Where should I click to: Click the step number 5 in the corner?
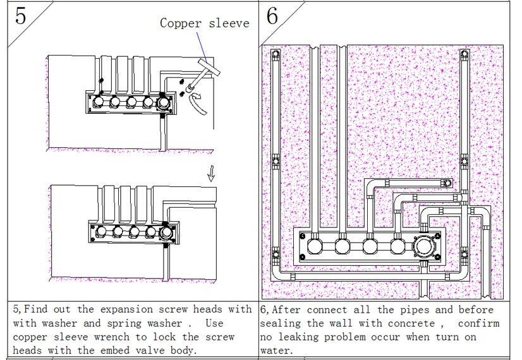point(21,16)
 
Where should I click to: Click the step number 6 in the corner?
point(272,16)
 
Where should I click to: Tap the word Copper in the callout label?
point(179,23)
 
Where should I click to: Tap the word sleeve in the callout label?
point(228,23)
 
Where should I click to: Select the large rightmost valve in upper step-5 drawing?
point(164,102)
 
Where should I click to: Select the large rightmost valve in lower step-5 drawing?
point(166,233)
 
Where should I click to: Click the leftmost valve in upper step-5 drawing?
point(99,102)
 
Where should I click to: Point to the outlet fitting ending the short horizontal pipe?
point(447,183)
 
